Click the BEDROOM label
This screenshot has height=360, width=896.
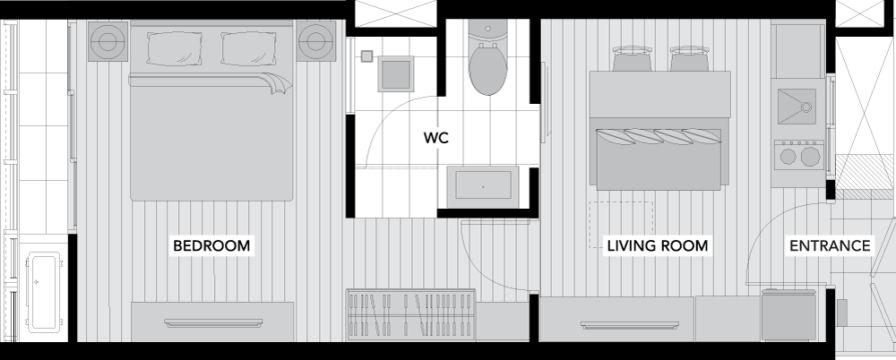point(211,245)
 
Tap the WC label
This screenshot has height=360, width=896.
point(436,138)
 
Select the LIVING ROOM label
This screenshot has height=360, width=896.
point(657,245)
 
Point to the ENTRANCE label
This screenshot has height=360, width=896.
point(830,245)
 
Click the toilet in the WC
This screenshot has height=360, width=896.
point(488,58)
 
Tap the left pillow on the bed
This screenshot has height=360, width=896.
point(175,48)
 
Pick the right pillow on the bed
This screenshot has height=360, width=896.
point(248,48)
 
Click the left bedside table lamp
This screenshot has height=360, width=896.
point(108,41)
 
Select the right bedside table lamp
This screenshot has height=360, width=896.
point(315,41)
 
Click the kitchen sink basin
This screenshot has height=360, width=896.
point(797,107)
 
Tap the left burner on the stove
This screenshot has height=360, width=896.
point(788,157)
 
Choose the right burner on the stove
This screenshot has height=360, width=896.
point(810,157)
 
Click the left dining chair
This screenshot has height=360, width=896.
point(633,58)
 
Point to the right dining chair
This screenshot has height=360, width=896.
point(690,58)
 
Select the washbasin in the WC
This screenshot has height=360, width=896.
point(483,186)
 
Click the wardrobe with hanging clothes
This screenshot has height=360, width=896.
point(411,315)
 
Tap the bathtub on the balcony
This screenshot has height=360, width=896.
point(43,293)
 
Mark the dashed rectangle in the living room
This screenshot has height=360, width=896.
point(621,225)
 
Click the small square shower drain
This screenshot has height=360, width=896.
point(366,56)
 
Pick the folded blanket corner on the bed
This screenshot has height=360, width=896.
point(280,84)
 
